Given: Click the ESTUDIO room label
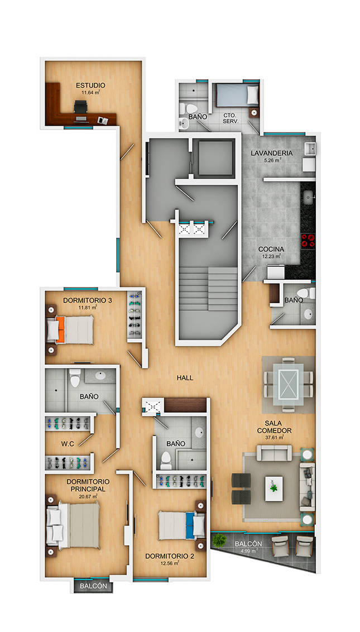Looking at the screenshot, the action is (x=91, y=85).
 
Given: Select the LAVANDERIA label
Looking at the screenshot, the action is (x=272, y=153).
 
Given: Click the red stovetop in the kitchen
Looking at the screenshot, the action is (x=308, y=241).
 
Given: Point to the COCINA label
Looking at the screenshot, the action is (x=271, y=250).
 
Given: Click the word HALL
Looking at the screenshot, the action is (x=185, y=378).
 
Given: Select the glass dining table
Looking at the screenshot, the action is (x=288, y=384).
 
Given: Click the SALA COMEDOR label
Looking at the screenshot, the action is (x=274, y=427).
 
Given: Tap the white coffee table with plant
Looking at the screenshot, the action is (x=274, y=489).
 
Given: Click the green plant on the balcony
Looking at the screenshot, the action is (x=219, y=540).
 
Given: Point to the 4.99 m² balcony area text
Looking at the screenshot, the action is (x=249, y=550).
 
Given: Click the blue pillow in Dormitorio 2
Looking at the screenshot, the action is (x=190, y=525).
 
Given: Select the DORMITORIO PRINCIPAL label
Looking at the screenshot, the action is (x=88, y=485).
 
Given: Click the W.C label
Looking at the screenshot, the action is (x=67, y=444).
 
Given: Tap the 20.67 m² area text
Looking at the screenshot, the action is (x=88, y=496).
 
